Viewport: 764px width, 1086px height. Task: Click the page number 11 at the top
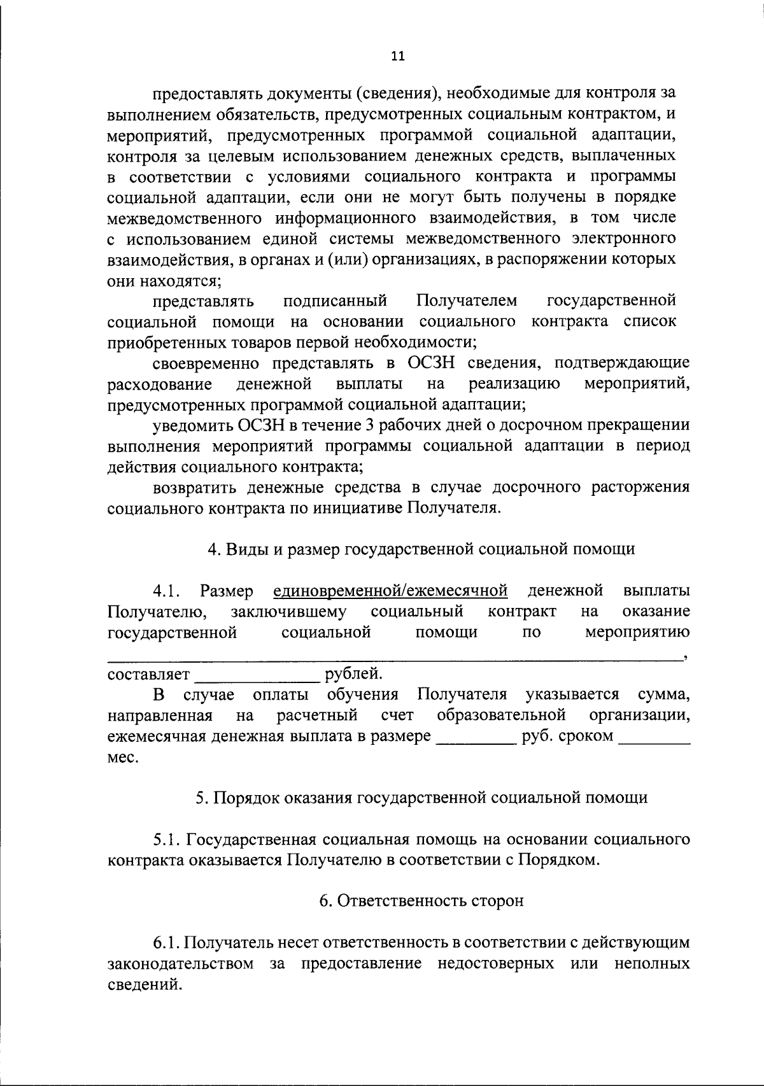click(397, 57)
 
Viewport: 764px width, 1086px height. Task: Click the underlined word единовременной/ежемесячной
click(390, 591)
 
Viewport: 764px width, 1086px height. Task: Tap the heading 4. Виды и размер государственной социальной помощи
click(421, 549)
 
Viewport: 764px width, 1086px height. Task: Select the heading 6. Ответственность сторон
click(421, 901)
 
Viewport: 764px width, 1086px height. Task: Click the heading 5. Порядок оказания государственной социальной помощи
click(421, 798)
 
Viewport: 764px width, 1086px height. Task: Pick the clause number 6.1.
click(167, 943)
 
